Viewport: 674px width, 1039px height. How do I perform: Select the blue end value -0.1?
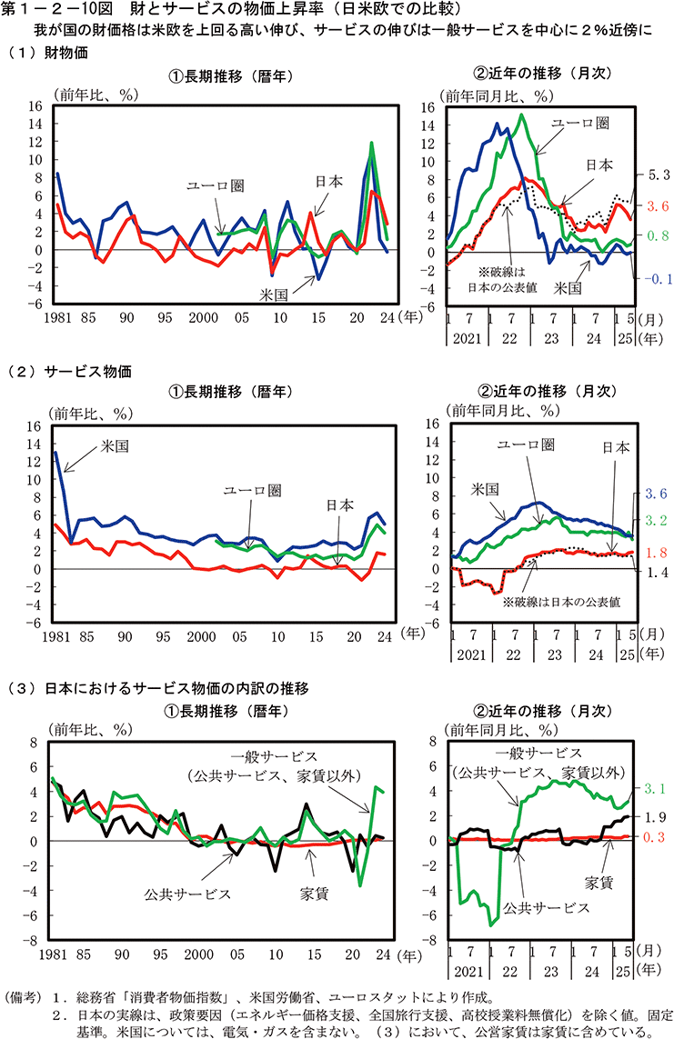click(658, 278)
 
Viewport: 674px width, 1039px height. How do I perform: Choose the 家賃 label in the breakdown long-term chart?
click(314, 894)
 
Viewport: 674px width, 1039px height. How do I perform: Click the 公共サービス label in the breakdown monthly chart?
click(548, 907)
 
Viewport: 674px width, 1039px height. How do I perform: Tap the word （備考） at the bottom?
click(25, 996)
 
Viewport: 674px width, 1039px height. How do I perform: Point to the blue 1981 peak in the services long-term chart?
click(56, 452)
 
